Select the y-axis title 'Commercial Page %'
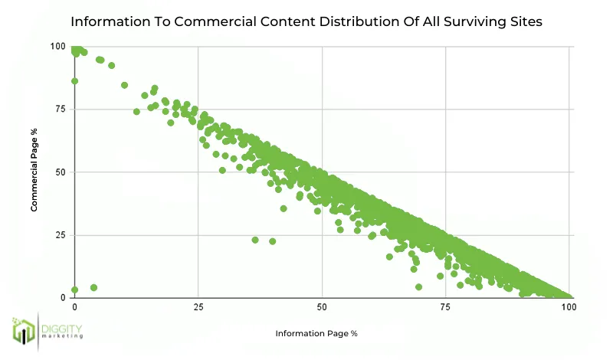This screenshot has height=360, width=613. point(34,172)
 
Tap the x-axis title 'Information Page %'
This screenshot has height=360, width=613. point(316,333)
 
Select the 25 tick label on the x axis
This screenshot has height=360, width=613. point(198,306)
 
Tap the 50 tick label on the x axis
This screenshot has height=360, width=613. point(322,306)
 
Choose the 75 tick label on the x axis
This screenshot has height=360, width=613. point(445,306)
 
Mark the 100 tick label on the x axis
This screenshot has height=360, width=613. point(569,306)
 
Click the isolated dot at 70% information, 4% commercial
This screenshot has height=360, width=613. point(418,287)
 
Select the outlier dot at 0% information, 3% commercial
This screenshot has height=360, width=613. point(74,290)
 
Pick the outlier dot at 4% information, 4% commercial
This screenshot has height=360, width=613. point(93,287)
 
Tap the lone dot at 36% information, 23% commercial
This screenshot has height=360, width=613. point(255,240)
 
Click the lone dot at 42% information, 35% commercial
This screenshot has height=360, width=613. point(284,208)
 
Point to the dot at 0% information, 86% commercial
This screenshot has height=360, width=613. point(74,80)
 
